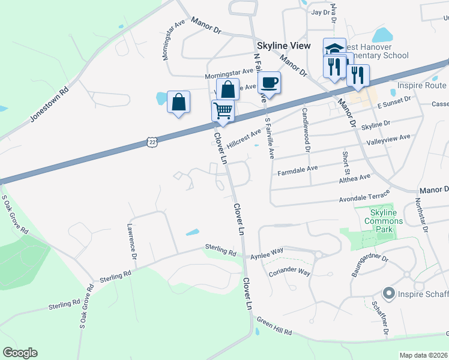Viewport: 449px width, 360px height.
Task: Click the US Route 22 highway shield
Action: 152,142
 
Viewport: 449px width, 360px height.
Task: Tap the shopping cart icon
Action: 223,111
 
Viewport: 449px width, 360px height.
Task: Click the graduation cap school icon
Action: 334,49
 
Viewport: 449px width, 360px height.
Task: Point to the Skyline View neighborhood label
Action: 284,46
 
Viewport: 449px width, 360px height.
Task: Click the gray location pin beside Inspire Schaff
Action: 388,293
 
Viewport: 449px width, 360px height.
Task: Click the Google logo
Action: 20,353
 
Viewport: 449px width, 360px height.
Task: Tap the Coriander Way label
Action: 290,272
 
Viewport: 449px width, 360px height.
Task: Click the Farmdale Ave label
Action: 297,170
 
